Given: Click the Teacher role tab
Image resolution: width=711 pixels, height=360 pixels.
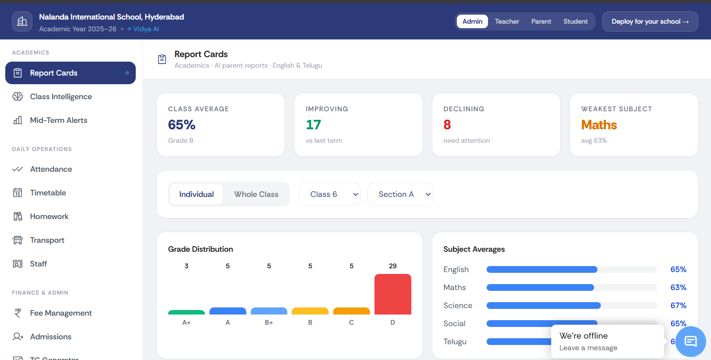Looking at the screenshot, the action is point(506,21).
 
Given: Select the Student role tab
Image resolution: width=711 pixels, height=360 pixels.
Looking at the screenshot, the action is point(575,21).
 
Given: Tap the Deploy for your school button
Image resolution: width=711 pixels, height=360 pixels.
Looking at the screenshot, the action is point(650,21).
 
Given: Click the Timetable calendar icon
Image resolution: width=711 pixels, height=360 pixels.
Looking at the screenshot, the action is point(18,193).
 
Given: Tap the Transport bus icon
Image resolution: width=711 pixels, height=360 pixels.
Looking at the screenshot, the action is point(18,240).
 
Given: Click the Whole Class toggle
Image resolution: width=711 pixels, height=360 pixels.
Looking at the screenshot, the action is point(256,194).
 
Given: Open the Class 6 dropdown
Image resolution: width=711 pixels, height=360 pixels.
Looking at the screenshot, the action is point(329,194).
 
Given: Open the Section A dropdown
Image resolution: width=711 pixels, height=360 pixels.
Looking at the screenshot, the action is point(400,194).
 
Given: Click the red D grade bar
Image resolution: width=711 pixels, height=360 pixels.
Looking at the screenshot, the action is point(393,294).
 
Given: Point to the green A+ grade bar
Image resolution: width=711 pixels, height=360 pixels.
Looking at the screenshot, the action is point(186,312).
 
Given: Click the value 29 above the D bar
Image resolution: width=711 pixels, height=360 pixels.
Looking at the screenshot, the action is point(393,266).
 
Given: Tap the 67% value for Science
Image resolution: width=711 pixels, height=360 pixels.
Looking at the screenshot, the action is point(678,306).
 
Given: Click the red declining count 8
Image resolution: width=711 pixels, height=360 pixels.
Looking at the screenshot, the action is point(447,125).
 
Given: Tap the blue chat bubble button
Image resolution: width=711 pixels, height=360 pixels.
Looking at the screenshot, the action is point(690,341).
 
